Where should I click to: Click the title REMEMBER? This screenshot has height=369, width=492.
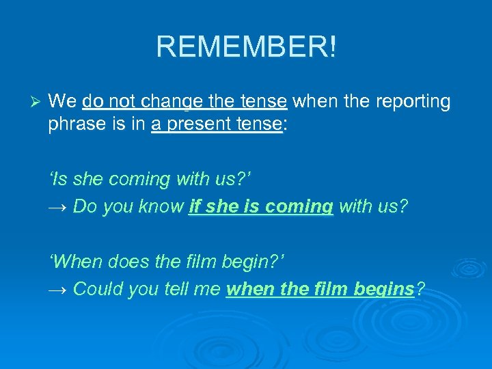pos(246,47)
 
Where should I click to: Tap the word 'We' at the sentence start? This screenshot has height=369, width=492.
pos(63,102)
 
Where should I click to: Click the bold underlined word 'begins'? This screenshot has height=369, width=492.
pos(384,289)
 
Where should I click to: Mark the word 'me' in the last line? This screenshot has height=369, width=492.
pos(209,289)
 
